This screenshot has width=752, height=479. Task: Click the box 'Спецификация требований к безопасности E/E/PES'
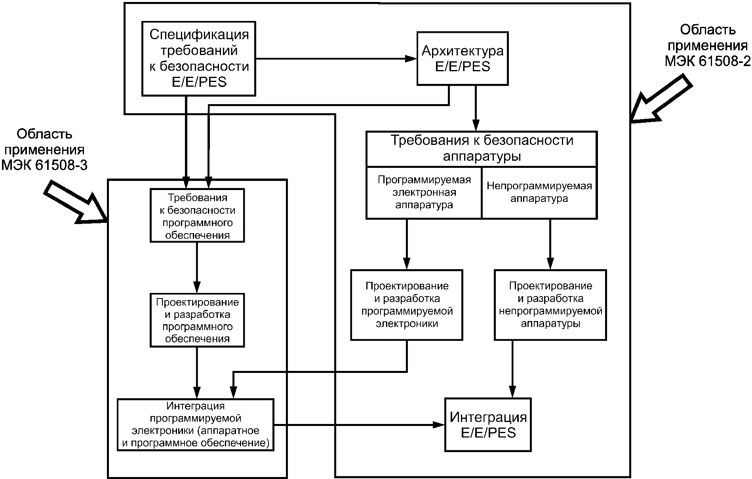pos(198,59)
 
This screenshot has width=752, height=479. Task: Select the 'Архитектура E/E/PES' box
pos(463,59)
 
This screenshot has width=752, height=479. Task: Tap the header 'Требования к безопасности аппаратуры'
pos(482,149)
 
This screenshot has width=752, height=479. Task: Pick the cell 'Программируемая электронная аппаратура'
pos(424,193)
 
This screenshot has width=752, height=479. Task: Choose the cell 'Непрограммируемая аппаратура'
pos(539,193)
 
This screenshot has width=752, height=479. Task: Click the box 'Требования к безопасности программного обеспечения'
pos(197,216)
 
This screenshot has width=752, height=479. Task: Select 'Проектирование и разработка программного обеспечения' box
pos(197,320)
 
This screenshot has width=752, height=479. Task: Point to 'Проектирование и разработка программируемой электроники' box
pos(407,305)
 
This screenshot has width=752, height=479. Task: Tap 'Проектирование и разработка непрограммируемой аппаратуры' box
pos(550,305)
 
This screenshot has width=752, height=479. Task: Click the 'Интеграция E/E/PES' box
pos(488,425)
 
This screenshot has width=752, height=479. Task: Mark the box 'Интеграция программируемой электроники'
pos(196,425)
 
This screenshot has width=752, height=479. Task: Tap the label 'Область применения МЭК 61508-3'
pos(44,150)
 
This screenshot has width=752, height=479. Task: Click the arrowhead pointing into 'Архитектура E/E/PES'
pos(411,59)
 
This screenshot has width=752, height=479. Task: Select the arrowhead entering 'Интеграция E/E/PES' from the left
pos(439,425)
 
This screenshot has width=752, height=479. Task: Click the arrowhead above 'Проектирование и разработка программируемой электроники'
pos(407,264)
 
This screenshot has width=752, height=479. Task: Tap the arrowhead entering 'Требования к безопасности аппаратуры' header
pos(476,125)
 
